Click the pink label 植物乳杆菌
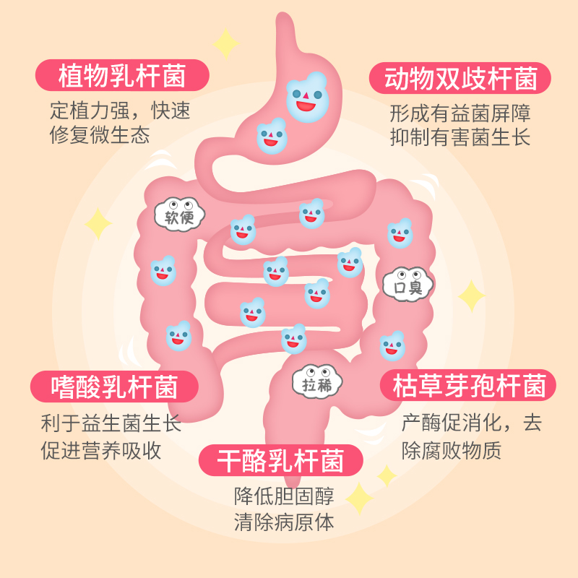pyautogui.click(x=122, y=75)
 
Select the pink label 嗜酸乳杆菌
pyautogui.click(x=115, y=387)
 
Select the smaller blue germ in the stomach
pyautogui.click(x=272, y=135)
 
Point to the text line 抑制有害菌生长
pyautogui.click(x=460, y=137)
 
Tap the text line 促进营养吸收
pyautogui.click(x=101, y=449)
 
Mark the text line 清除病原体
pyautogui.click(x=284, y=522)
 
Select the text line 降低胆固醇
pyautogui.click(x=284, y=496)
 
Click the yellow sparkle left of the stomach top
pyautogui.click(x=226, y=43)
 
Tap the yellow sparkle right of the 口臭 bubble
pyautogui.click(x=472, y=296)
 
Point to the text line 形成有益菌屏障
pyautogui.click(x=460, y=113)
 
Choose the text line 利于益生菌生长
pyautogui.click(x=111, y=423)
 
